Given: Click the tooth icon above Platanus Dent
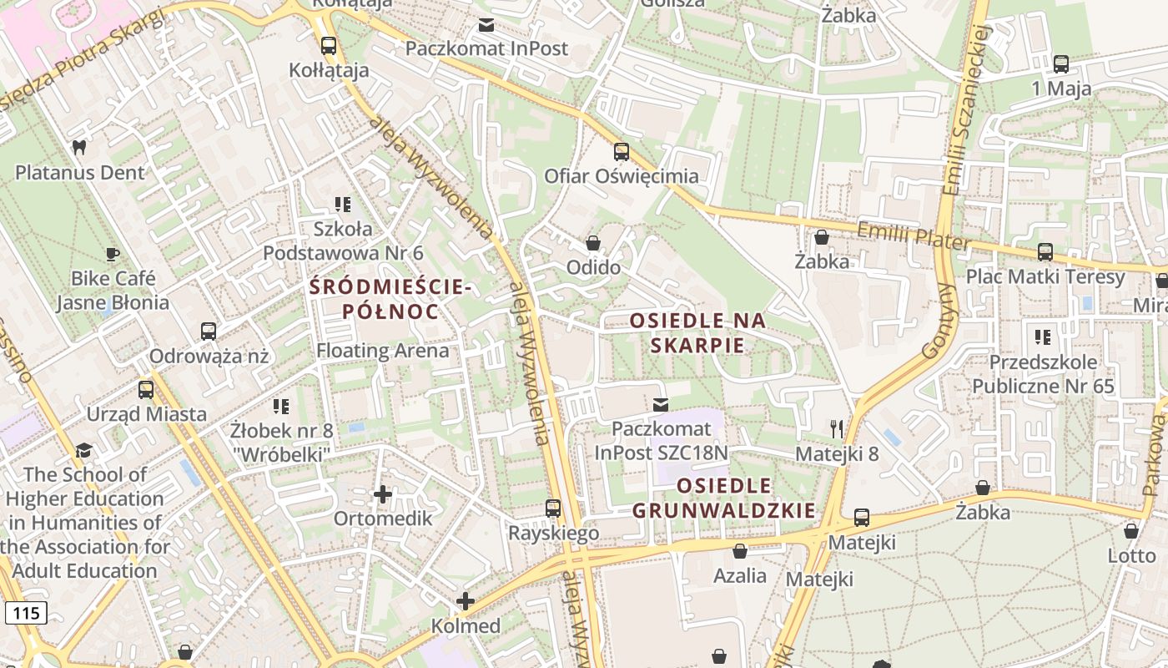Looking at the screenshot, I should (79, 148).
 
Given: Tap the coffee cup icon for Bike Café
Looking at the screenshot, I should (113, 254).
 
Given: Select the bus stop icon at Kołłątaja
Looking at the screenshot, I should (329, 46).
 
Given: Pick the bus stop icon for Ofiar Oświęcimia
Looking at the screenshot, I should (622, 152).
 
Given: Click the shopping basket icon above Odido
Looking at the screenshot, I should (593, 243).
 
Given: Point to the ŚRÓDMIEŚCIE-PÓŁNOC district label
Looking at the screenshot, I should (390, 299).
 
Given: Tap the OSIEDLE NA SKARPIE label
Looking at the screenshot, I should (697, 332).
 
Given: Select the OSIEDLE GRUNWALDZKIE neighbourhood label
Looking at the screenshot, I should (723, 498).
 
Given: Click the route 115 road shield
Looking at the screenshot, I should (26, 613).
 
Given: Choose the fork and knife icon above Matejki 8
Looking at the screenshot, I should (837, 429).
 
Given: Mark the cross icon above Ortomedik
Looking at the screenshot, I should (383, 494).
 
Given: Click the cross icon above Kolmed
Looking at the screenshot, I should (466, 601).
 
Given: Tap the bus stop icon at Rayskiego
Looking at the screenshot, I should (553, 509).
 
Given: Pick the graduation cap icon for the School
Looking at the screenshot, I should (83, 451).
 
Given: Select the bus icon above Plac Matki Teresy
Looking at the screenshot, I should (1045, 252).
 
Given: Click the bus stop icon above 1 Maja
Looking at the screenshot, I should (1061, 64).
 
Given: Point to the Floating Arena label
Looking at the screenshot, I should (382, 351).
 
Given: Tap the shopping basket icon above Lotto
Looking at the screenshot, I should (1131, 531).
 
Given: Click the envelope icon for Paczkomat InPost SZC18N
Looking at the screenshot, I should (661, 405).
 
